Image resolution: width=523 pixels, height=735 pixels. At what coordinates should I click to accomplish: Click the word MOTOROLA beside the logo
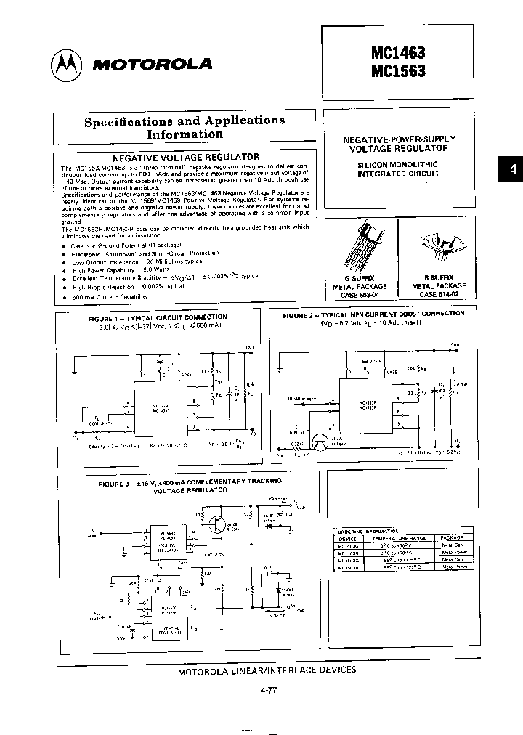pos(152,65)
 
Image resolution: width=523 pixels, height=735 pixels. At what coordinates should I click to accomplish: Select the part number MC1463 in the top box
pos(398,54)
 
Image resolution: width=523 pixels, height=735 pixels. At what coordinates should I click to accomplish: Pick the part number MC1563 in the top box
pos(398,71)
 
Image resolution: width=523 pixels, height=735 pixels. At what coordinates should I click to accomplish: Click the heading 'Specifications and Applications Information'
pos(185,127)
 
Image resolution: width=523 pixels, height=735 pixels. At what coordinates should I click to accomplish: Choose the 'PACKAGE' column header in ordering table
pos(452,538)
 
